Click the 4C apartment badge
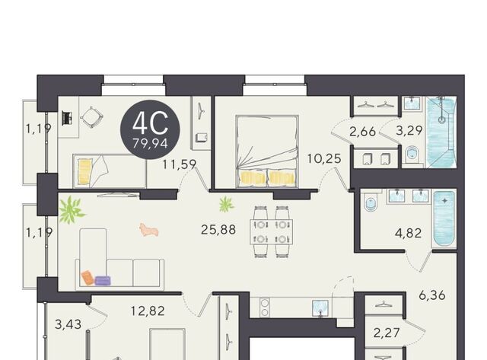click(150, 130)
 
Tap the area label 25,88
click(218, 230)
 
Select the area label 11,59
click(180, 164)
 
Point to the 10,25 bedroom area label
click(324, 159)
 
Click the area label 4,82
click(408, 233)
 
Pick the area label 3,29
click(409, 130)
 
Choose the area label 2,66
click(362, 132)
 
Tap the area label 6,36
click(432, 295)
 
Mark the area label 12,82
click(148, 311)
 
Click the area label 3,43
click(68, 324)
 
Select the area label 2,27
click(387, 333)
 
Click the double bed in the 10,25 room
click(267, 151)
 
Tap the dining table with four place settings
click(272, 231)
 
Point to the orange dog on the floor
click(149, 230)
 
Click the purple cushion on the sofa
click(103, 281)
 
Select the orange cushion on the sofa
click(88, 277)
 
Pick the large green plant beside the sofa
click(71, 210)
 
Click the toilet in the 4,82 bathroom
click(371, 202)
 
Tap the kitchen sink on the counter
click(320, 308)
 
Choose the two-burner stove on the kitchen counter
click(264, 307)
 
